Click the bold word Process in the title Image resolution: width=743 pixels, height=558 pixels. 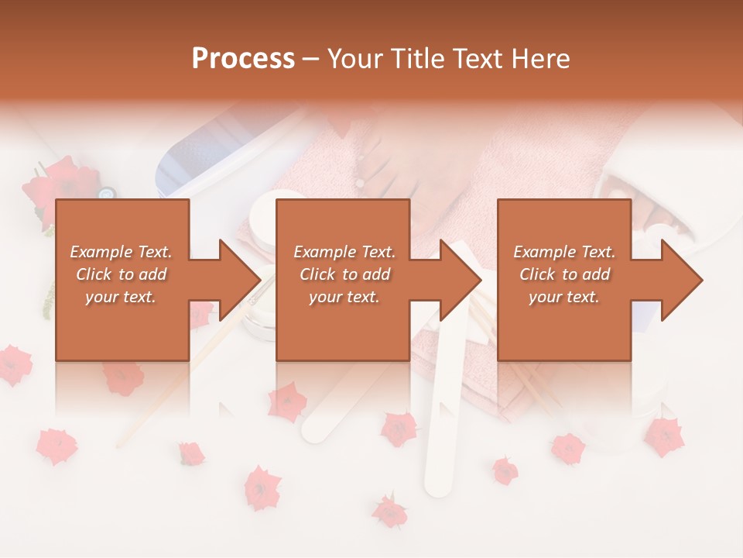tap(243, 59)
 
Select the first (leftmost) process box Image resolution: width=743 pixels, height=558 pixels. tap(122, 280)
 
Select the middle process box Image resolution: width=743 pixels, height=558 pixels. tap(343, 280)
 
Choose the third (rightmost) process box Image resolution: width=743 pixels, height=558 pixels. tap(563, 280)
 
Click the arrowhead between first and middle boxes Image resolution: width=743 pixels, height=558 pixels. tap(240, 280)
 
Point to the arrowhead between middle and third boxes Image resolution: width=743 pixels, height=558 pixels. tap(461, 280)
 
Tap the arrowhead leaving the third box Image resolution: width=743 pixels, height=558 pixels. tap(681, 280)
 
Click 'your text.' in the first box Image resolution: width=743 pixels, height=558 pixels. tap(121, 297)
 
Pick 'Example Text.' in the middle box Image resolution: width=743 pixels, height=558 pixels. tap(344, 252)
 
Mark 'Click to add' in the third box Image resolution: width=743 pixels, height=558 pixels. tap(564, 274)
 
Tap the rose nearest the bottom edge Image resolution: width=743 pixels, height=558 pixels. tap(389, 511)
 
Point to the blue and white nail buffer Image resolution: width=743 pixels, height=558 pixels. tap(193, 163)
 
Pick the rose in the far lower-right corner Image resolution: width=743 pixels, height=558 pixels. tap(664, 436)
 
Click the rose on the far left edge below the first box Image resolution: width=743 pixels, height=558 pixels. tap(14, 364)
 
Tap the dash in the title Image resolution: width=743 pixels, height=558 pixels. tap(311, 59)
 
